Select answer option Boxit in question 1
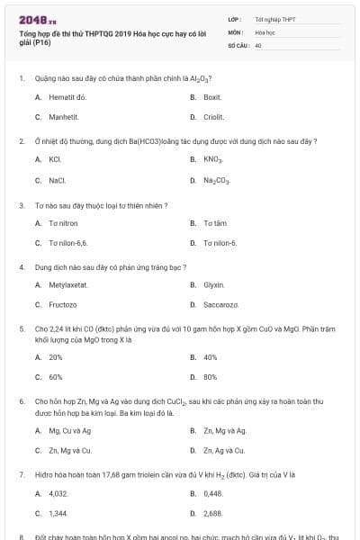[x=212, y=96]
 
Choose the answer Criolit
[x=214, y=116]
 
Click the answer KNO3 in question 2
[x=213, y=159]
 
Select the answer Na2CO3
[x=217, y=180]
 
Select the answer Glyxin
[x=213, y=284]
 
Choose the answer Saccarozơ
[x=220, y=305]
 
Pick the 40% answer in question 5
[x=211, y=357]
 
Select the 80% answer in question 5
[x=211, y=377]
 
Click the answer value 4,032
[x=58, y=493]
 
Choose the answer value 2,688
[x=212, y=513]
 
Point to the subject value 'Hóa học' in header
[x=265, y=31]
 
